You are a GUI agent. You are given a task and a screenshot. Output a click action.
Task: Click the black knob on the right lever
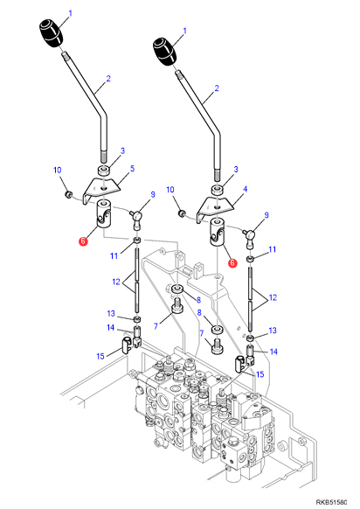tap(164, 52)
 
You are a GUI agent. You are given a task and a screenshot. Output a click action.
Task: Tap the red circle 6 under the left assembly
tap(83, 241)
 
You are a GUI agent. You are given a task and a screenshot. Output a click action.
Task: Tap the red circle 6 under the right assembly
tap(232, 263)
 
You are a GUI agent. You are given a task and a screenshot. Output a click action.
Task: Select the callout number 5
tap(132, 169)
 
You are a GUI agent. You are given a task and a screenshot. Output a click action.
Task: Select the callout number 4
tap(246, 189)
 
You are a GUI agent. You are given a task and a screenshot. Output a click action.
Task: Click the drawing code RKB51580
tap(331, 502)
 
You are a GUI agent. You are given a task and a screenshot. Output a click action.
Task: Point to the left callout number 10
tap(58, 170)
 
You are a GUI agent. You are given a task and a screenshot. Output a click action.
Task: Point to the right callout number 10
tap(170, 190)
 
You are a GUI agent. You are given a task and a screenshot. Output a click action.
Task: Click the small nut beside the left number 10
tap(68, 195)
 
